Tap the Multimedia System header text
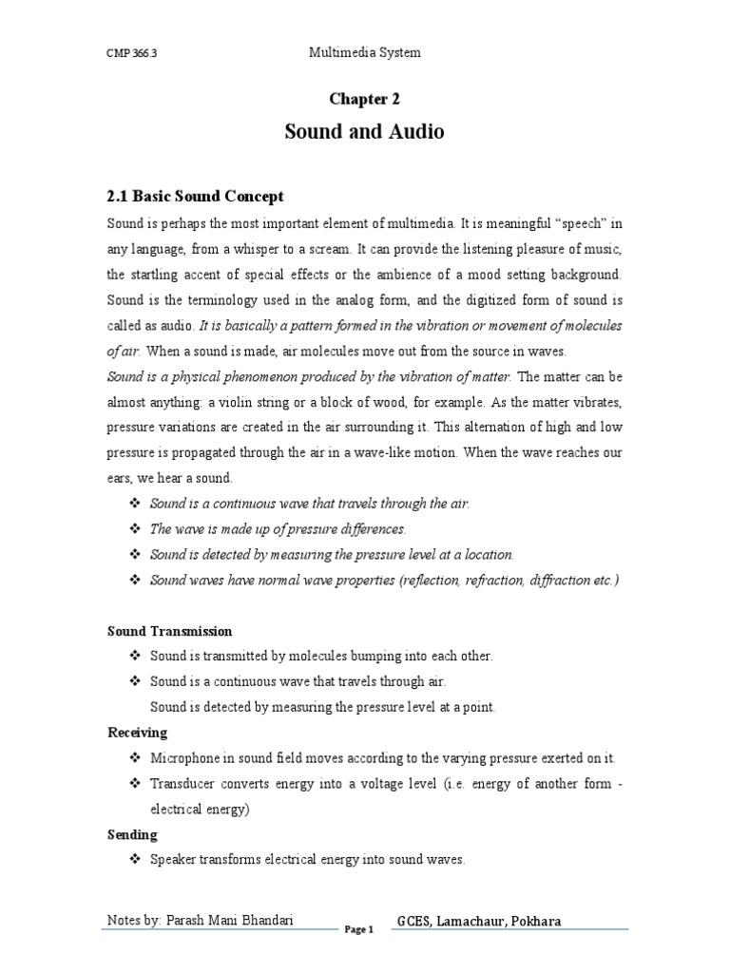(365, 53)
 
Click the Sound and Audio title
(364, 132)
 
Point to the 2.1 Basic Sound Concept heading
(195, 197)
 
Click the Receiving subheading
(137, 733)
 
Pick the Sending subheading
(132, 834)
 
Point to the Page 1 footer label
(360, 930)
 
